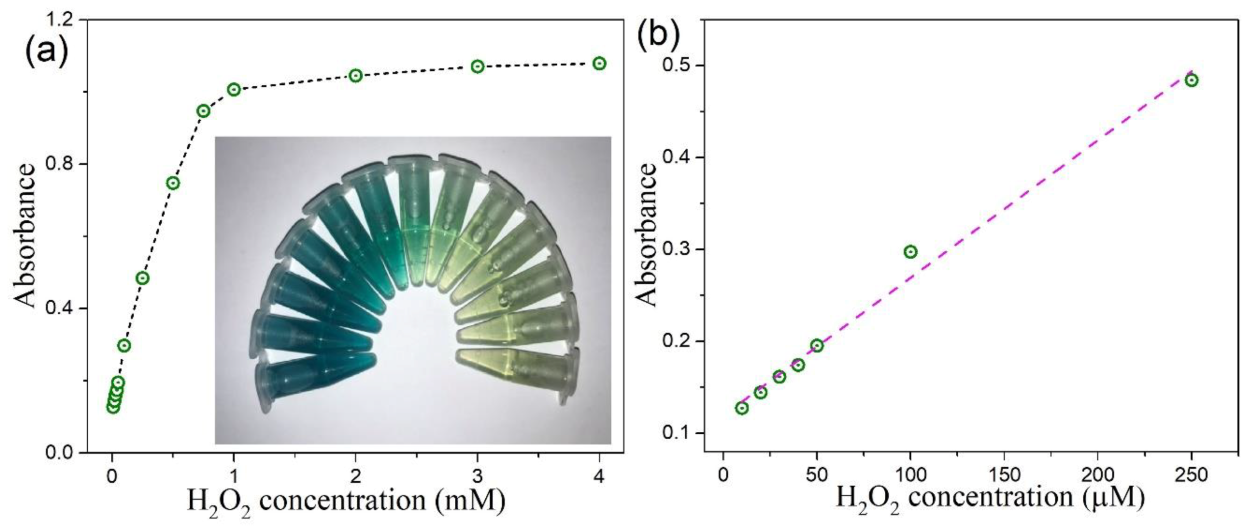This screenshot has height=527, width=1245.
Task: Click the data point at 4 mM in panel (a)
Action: point(599,63)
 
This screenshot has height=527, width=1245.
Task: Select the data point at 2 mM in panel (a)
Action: point(356,76)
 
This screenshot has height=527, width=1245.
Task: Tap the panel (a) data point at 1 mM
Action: point(234,89)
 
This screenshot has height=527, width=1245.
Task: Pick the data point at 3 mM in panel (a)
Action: point(477,66)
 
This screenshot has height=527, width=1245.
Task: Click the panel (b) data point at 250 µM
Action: point(1192,80)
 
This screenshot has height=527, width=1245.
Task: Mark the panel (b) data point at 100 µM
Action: point(910,252)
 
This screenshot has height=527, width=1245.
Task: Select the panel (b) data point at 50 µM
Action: point(817,345)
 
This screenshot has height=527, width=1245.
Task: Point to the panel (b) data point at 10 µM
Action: point(742,408)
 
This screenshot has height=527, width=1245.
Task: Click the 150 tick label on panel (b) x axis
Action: point(1004,475)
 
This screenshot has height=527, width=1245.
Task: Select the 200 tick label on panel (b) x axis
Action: point(1098,475)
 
